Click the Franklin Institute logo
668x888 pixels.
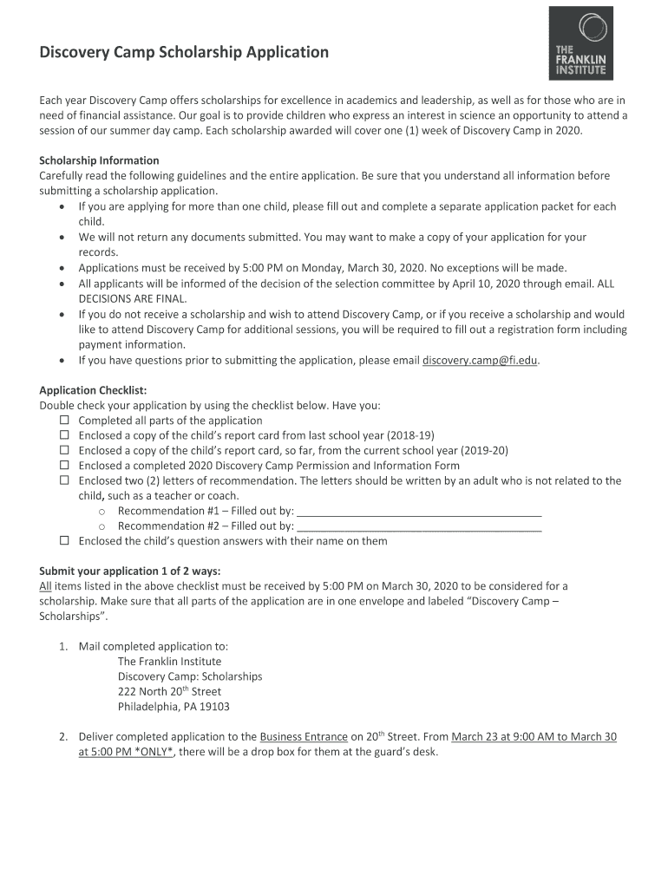580,43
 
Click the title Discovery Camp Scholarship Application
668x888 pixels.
184,52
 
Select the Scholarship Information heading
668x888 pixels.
99,160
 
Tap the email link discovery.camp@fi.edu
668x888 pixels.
481,360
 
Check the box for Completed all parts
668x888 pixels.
64,421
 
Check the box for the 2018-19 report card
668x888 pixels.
64,435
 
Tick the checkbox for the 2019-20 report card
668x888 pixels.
64,451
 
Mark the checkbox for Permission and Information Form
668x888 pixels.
64,466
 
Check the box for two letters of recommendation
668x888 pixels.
64,480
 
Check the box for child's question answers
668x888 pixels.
64,541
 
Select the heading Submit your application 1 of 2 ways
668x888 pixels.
130,571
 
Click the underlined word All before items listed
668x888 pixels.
46,586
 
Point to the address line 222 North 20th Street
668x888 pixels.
169,692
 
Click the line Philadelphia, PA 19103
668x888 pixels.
174,707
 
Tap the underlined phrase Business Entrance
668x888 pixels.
304,737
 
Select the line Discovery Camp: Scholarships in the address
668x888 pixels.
190,676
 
